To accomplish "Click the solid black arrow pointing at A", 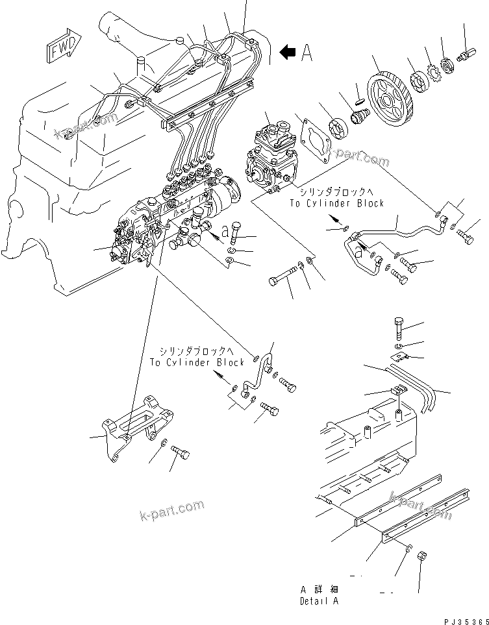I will [x=287, y=51].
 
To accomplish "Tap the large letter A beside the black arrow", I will [x=307, y=53].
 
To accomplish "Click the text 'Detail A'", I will [x=319, y=602].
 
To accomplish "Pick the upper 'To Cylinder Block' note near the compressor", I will [x=336, y=203].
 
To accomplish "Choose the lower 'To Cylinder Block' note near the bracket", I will [x=196, y=362].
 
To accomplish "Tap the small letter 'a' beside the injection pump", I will [x=224, y=230].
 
